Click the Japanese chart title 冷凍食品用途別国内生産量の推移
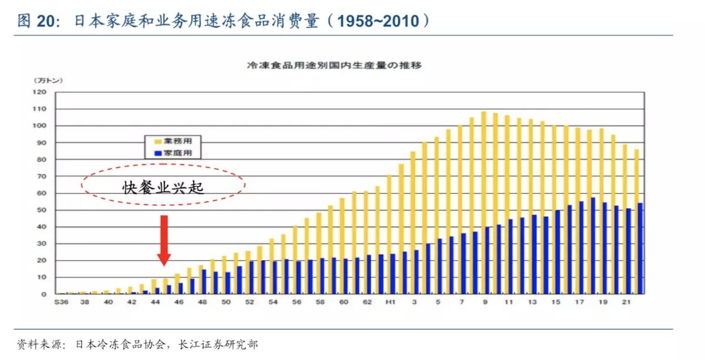click(x=334, y=66)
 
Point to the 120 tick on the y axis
click(x=39, y=92)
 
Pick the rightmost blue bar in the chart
click(x=640, y=248)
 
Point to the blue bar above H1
click(x=393, y=274)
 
